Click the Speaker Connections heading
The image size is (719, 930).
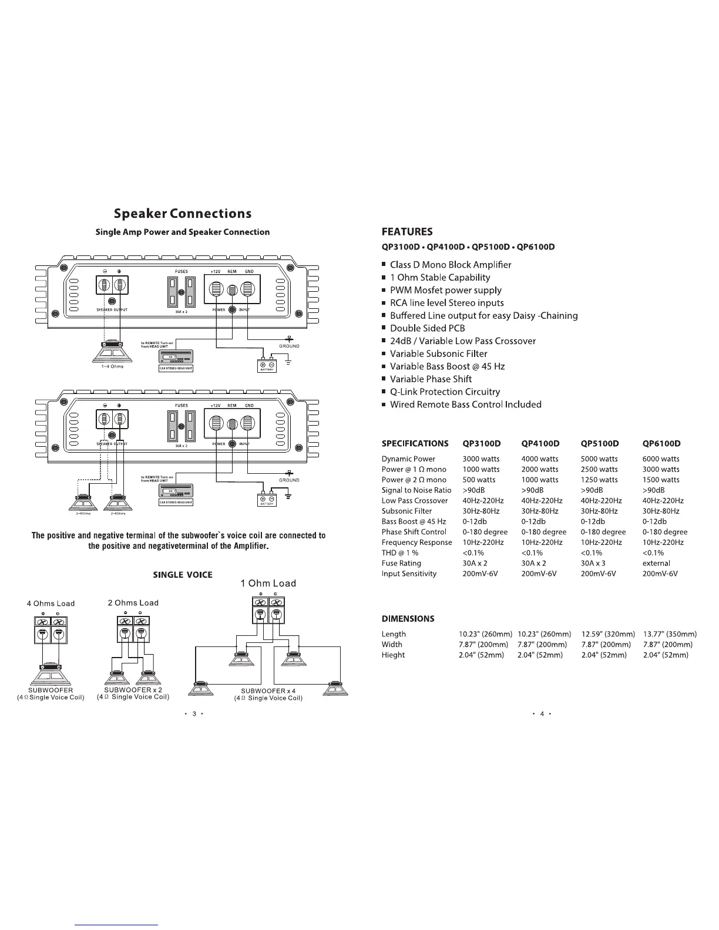[183, 213]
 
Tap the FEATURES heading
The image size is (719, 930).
[406, 231]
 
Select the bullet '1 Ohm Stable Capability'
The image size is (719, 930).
[440, 278]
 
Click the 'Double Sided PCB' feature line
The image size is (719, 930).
[427, 328]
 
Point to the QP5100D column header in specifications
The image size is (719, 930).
[600, 443]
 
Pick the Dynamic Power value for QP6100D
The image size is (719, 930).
[661, 459]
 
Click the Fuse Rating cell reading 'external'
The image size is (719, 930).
[656, 563]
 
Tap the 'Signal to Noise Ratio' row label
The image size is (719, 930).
[416, 490]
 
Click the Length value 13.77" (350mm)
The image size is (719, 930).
[670, 634]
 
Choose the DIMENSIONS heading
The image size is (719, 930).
[408, 619]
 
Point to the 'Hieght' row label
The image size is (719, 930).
[393, 655]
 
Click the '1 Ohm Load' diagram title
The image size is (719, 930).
[268, 584]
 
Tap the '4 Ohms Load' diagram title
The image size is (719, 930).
[51, 604]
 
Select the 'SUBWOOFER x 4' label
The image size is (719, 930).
[268, 690]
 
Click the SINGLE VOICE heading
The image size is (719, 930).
[183, 575]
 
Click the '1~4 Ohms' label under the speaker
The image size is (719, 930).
[108, 368]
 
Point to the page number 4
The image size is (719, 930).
[542, 714]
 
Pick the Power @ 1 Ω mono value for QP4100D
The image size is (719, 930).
[540, 470]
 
